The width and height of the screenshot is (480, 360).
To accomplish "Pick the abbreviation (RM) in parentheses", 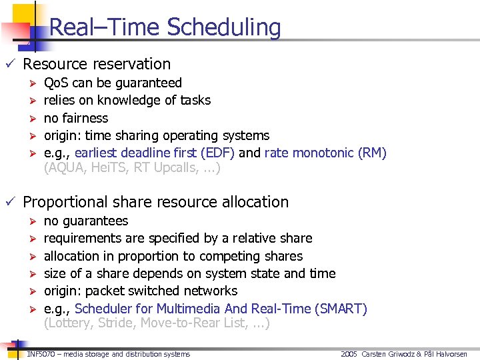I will click(x=372, y=153).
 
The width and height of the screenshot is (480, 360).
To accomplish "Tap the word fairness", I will click(x=85, y=118).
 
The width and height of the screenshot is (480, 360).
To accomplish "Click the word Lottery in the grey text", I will click(x=68, y=324).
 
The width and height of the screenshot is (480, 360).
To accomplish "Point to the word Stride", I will click(x=117, y=324).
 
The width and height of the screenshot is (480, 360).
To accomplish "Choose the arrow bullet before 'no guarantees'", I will click(x=29, y=221).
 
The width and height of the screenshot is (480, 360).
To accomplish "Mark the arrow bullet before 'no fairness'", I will click(x=29, y=118).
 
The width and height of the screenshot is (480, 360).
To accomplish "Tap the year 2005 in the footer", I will click(x=349, y=353).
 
